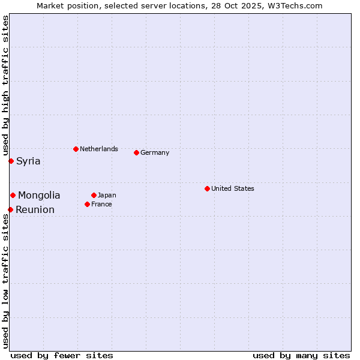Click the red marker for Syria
coord(11,161)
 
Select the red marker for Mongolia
coord(13,195)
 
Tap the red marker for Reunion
coord(10,209)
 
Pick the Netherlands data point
coord(76,149)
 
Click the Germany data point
coord(136,152)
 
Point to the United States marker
coord(207,188)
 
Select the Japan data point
coord(94,195)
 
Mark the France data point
coord(87,204)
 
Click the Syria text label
coord(28,161)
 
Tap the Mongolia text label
coord(39,195)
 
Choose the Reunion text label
coord(35,209)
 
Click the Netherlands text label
coord(99,149)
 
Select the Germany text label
coord(155,152)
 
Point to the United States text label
coord(233,188)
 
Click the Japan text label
coord(107,195)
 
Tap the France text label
coord(101,204)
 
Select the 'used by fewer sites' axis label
coord(62,355)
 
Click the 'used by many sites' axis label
coord(301,355)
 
